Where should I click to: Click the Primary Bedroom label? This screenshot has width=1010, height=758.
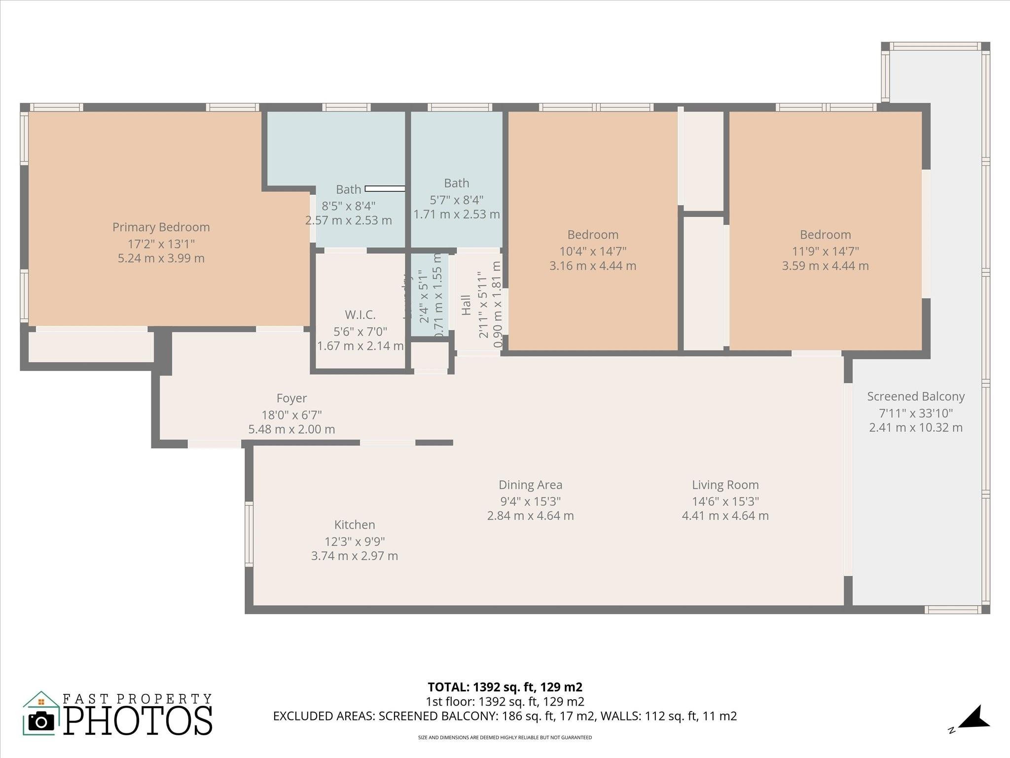pos(161,227)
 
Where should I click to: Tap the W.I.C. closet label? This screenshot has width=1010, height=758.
pos(360,315)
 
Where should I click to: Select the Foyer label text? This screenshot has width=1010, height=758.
pos(291,398)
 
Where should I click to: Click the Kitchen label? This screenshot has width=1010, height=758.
pos(355,525)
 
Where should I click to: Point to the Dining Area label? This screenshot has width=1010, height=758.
pos(530,485)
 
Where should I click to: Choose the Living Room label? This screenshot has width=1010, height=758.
pos(725,485)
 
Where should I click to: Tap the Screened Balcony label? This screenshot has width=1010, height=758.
pos(916,397)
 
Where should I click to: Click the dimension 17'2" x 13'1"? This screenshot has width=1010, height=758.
pos(161,244)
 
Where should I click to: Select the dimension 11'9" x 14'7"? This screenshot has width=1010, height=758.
pos(825,251)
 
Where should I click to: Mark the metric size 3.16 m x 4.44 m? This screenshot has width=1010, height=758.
pos(593,266)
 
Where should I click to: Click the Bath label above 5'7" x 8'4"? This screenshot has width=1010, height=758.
pos(456,183)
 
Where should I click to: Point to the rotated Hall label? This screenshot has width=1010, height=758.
pos(466,305)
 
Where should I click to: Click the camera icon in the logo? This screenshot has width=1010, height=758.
pos(41,721)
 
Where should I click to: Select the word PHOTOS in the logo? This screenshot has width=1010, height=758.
pos(138,720)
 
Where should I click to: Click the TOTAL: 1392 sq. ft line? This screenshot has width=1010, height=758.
pos(505,687)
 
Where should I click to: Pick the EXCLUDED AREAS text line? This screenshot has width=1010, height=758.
pos(505,716)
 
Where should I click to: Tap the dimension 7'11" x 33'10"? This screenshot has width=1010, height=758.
pos(916,414)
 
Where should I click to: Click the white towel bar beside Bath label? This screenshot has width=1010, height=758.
pos(385,189)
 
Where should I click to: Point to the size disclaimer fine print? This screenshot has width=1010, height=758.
pos(505,738)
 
